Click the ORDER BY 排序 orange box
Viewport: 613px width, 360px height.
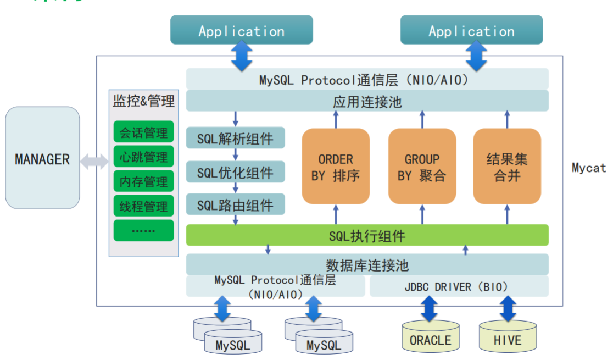[335, 167]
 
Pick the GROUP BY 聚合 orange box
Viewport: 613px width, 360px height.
[422, 167]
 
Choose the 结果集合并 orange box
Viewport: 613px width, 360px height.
[507, 167]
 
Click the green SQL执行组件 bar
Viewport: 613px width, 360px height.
[367, 235]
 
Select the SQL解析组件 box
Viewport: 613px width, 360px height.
[235, 137]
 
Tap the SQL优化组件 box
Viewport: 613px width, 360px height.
[235, 173]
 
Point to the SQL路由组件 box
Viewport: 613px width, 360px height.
[235, 205]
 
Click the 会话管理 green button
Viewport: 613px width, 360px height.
[143, 132]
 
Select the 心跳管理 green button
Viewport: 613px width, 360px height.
[143, 157]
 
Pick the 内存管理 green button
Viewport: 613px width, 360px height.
[143, 181]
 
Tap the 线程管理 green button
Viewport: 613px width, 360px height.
[143, 206]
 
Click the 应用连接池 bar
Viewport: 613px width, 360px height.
[367, 101]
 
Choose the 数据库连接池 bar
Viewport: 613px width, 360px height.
[367, 264]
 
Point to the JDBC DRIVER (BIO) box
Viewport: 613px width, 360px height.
[459, 286]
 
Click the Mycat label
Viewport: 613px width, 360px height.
[588, 168]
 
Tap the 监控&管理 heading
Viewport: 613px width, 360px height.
[143, 101]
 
